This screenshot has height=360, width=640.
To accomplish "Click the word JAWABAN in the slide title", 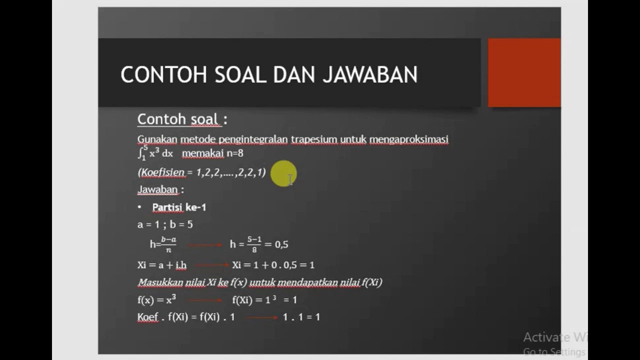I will coord(370,75).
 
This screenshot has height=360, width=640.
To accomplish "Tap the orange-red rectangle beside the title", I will coord(524,72).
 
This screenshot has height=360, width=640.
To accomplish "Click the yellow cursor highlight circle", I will coord(283,173).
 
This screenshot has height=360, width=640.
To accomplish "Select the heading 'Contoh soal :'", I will coord(182,119).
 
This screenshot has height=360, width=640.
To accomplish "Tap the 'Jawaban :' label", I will coord(160,189).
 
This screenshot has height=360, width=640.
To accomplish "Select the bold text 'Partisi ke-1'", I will coord(179,207).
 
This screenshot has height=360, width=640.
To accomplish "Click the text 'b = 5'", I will coord(181,224).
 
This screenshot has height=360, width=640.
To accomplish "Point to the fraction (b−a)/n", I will coord(168,243).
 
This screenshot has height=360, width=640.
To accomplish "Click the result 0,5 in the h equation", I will coord(281,244).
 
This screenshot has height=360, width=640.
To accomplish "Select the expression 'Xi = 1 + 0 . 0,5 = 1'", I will coord(273,265).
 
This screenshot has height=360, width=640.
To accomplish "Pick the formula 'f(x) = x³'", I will coord(156,300).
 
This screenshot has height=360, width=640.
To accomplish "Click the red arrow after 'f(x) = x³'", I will coord(205,300).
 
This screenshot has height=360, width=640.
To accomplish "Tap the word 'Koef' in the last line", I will coord(147,317).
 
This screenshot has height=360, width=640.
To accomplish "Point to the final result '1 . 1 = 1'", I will coord(301,317).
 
